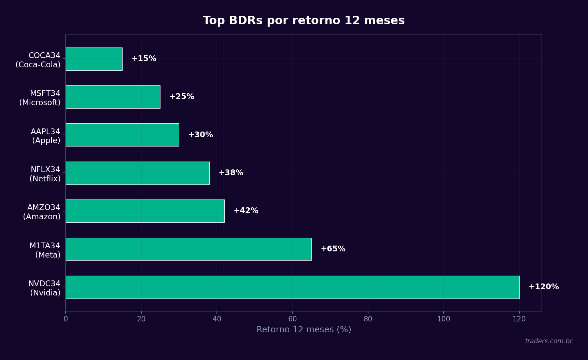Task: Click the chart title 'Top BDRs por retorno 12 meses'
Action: tap(304, 20)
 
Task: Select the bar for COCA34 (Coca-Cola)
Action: tap(94, 59)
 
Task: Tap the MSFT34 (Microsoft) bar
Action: tap(113, 97)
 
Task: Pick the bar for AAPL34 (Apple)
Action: tap(122, 135)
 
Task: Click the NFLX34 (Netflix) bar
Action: tap(138, 173)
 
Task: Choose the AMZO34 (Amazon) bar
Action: tap(145, 211)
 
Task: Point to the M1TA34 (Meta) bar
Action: tap(188, 249)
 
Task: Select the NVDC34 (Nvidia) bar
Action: tap(292, 287)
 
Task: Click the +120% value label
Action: tap(544, 287)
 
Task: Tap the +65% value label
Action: tap(333, 249)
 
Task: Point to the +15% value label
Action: tap(144, 59)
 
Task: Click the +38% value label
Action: tap(231, 173)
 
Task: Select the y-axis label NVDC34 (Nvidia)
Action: tap(45, 288)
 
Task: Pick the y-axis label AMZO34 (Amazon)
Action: tap(42, 212)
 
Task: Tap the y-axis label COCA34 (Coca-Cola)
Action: tap(38, 60)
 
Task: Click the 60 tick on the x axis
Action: tap(292, 319)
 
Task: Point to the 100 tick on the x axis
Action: tap(444, 319)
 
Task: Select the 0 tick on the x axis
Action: tap(66, 319)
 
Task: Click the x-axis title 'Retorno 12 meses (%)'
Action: tap(304, 330)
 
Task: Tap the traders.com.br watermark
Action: tap(548, 341)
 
